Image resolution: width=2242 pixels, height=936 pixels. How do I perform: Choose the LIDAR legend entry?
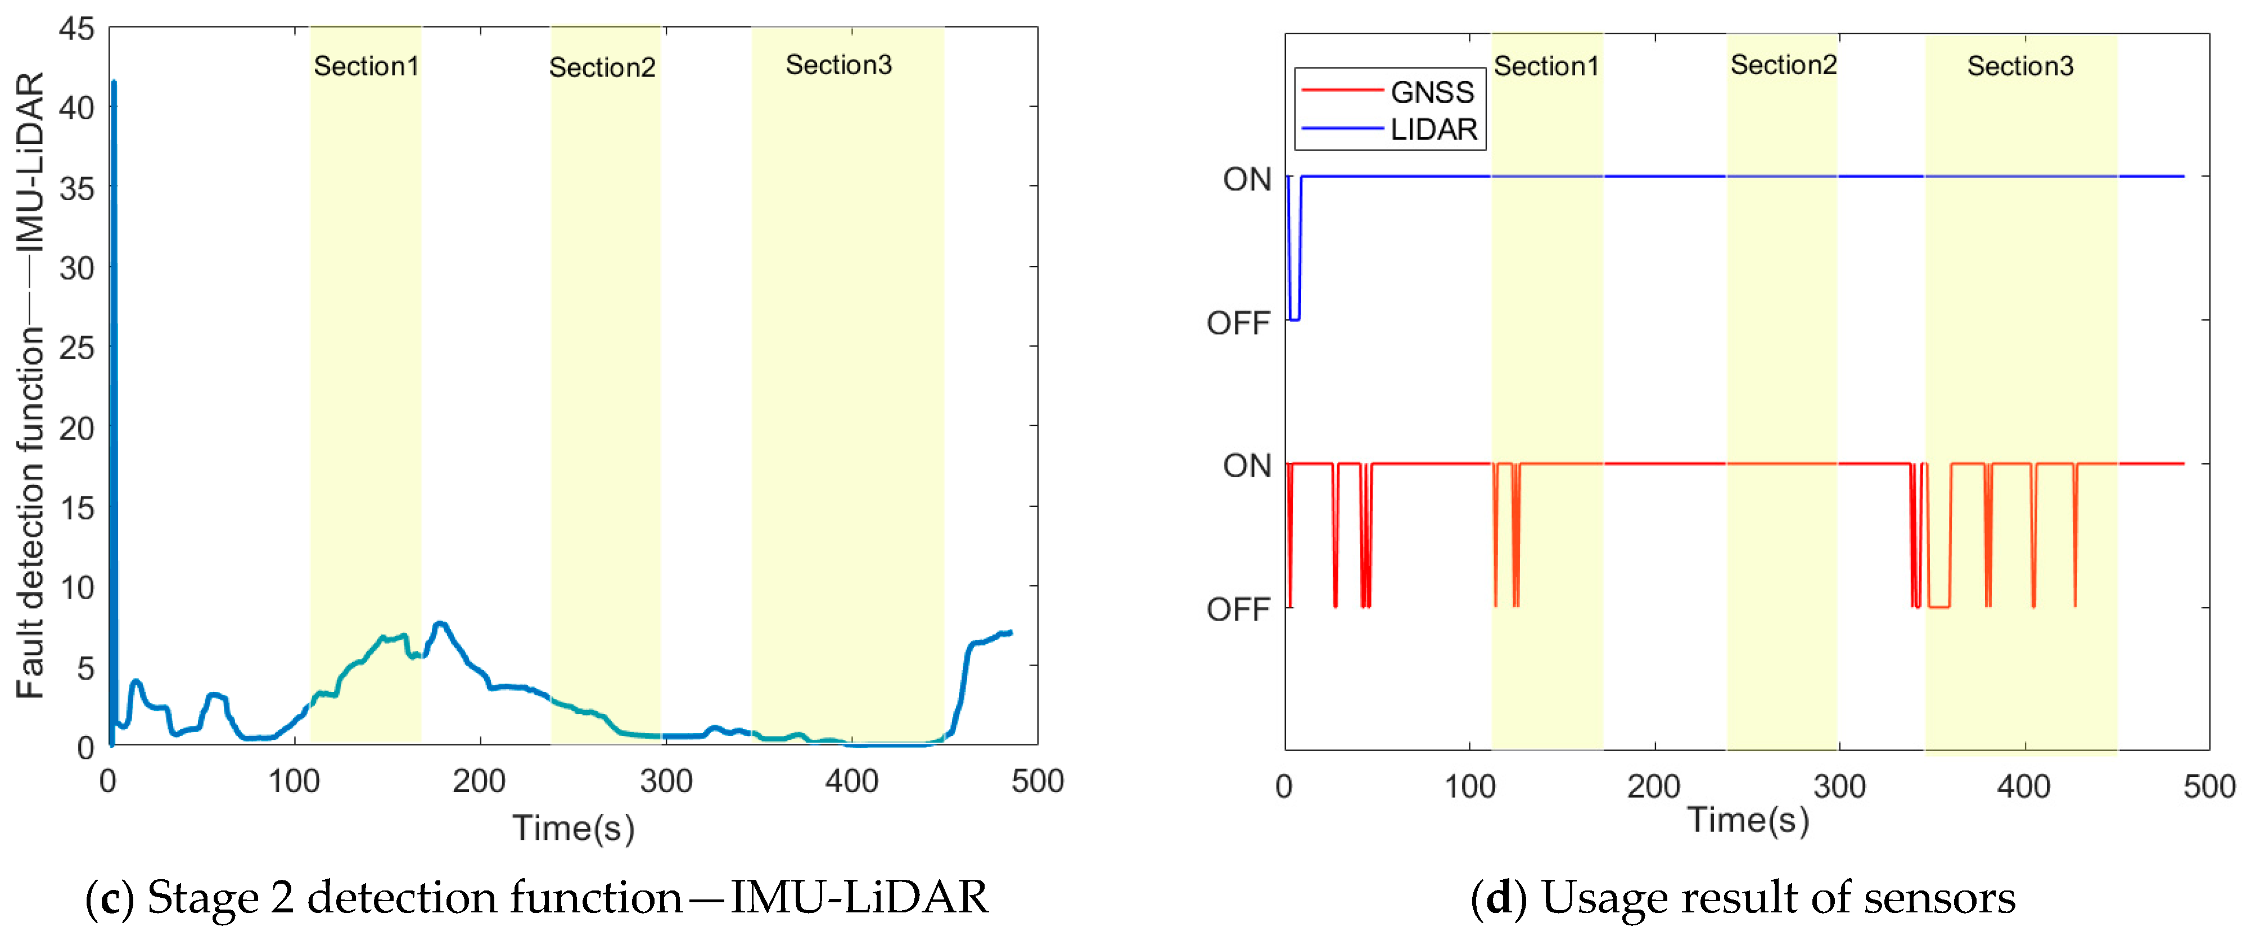[x=1433, y=130]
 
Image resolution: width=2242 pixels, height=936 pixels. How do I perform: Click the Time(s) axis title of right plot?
[x=1748, y=820]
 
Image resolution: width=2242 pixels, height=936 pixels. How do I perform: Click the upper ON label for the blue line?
[x=1246, y=179]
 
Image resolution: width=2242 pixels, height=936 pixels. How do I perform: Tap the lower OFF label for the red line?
[x=1238, y=609]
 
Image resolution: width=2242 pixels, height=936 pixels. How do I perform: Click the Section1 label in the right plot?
[x=1546, y=66]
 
